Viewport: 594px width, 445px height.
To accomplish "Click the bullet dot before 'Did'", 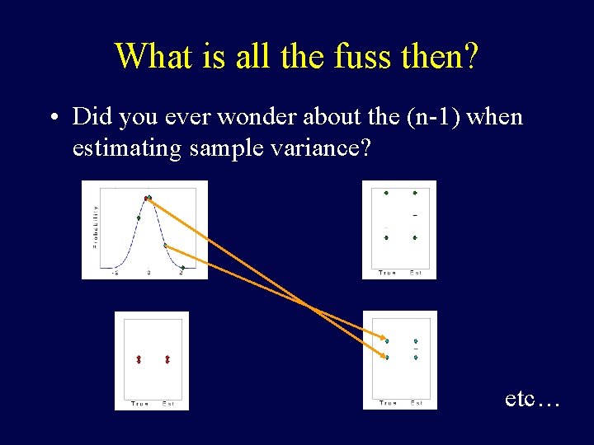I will [x=53, y=118].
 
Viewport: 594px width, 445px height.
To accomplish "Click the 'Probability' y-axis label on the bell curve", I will [x=95, y=227].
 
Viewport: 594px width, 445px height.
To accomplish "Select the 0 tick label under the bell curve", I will [x=148, y=271].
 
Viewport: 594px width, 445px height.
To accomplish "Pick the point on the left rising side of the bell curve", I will [x=139, y=218].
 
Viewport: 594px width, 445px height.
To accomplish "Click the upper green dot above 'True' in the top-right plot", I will [x=386, y=193].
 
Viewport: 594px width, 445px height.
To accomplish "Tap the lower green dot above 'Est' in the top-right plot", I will [x=415, y=237].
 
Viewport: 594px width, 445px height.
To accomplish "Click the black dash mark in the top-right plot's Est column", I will [x=415, y=215].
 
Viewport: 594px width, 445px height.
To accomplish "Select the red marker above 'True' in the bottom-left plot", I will [x=139, y=359].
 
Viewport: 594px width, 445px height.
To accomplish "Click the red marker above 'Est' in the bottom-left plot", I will [x=167, y=359].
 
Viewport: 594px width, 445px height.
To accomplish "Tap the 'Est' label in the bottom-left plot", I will [x=167, y=403].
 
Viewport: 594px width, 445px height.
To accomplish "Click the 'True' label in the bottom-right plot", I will [x=388, y=403].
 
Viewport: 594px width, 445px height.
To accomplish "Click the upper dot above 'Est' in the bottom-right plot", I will [x=416, y=340].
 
